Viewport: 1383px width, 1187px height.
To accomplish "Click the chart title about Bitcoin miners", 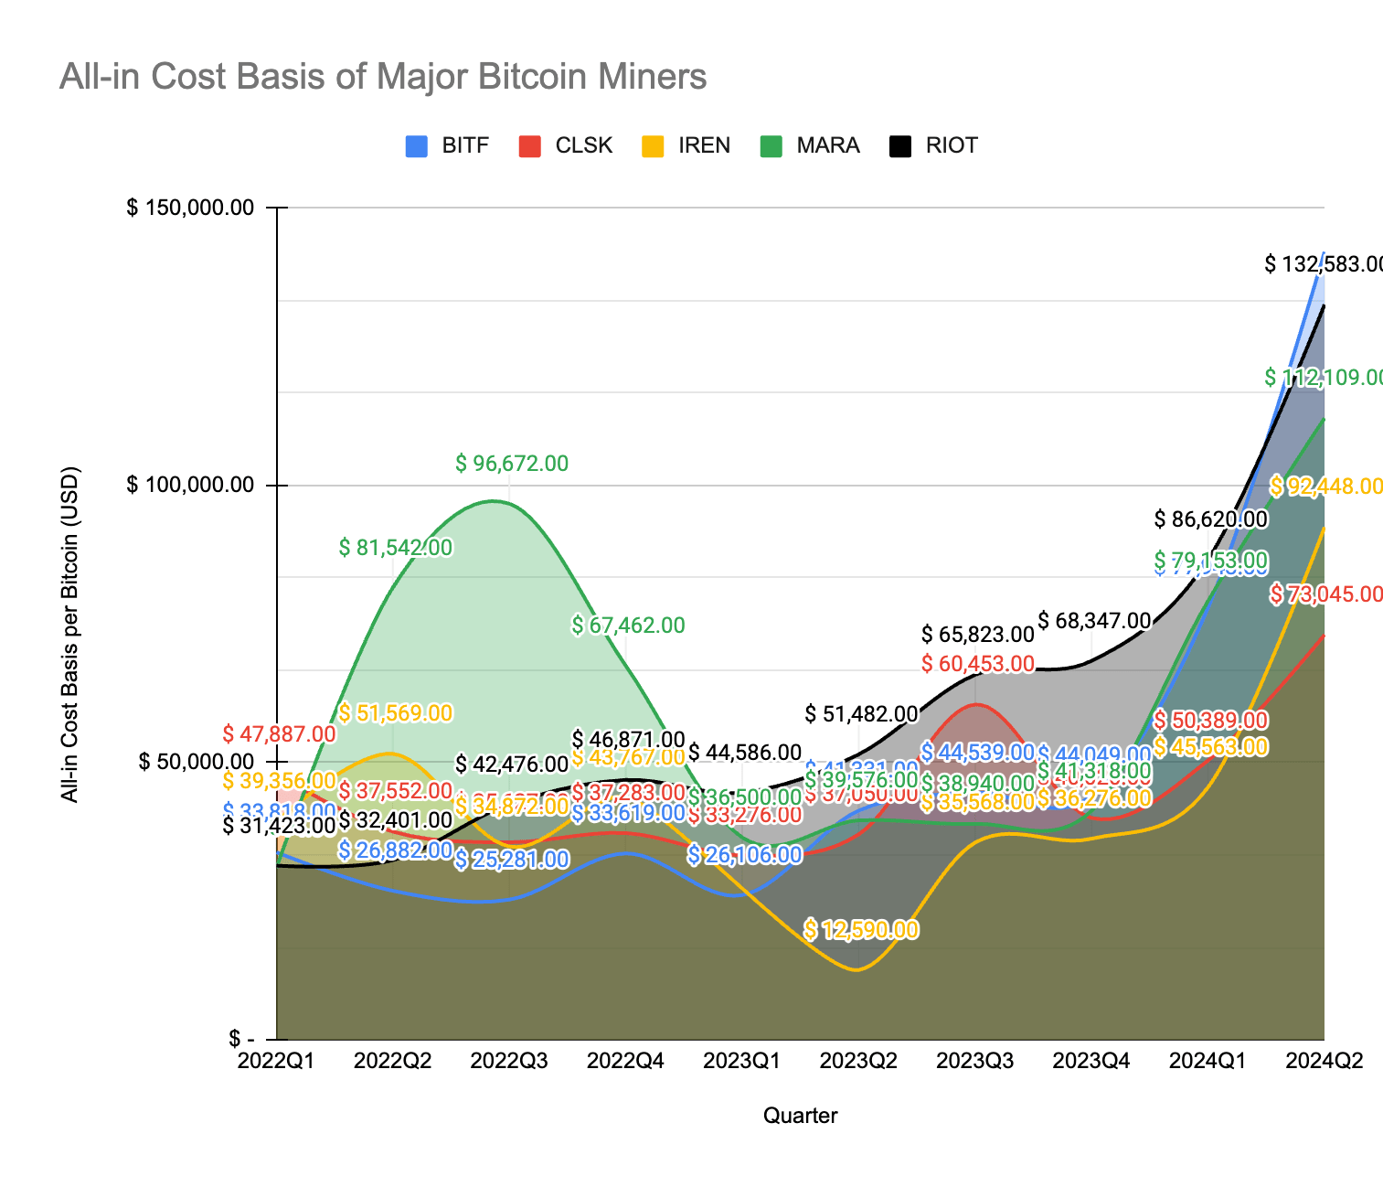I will [x=383, y=77].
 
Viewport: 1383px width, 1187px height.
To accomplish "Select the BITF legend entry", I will [x=448, y=145].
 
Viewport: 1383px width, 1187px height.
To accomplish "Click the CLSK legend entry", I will [x=566, y=145].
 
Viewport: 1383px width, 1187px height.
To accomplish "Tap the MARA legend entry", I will [x=810, y=145].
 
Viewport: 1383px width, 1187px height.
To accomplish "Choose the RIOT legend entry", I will [x=934, y=145].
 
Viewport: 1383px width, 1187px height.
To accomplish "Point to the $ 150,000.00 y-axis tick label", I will [x=189, y=208].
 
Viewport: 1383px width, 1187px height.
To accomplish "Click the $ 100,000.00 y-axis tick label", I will [x=189, y=485].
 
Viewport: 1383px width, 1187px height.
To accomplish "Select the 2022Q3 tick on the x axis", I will [x=508, y=1062].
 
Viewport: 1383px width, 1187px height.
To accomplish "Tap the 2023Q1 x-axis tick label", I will [x=741, y=1062].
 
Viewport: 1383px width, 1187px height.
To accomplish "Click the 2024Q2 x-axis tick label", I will [x=1324, y=1062].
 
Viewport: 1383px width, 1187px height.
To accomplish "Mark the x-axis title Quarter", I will [x=800, y=1116].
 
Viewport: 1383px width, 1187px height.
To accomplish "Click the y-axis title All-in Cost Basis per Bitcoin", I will [x=70, y=635].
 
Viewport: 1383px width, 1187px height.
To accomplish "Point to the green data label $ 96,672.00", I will [x=512, y=464].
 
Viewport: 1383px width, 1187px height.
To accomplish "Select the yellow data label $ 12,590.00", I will [x=861, y=930].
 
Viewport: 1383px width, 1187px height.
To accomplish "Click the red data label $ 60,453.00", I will [x=977, y=664].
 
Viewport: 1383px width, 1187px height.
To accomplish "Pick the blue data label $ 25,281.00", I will [x=512, y=860].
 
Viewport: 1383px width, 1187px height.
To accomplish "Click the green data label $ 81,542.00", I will [x=395, y=548].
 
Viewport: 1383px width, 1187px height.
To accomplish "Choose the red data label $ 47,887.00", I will [x=279, y=733].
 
